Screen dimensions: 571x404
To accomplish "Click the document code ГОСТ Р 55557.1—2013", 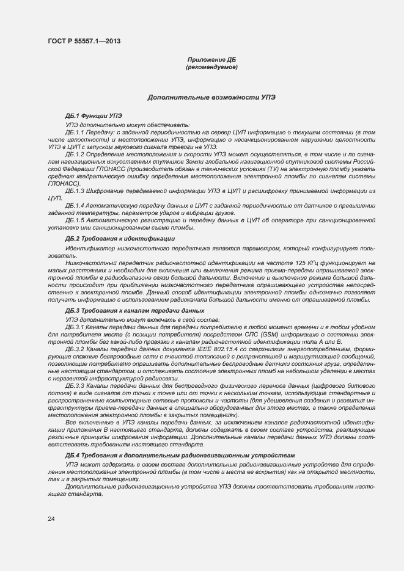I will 83,41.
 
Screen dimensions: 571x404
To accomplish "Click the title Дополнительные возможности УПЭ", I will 211,97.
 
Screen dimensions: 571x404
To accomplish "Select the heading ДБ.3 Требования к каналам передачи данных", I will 134,311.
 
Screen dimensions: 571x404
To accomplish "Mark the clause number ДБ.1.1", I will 74,132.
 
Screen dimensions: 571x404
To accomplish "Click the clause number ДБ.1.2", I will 74,155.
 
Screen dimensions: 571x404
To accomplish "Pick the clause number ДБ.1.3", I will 74,192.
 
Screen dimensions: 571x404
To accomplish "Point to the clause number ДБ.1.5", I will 74,220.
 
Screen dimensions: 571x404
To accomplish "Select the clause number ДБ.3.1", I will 74,327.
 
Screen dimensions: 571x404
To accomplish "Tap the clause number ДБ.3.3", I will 74,387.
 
